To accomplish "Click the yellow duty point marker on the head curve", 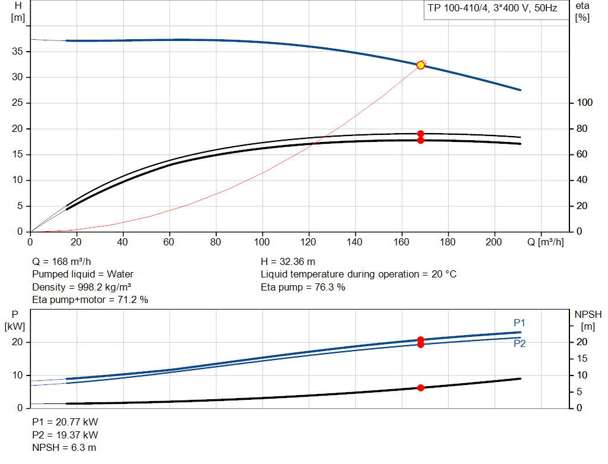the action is click(x=420, y=65).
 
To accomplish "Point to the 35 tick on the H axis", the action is click(x=17, y=51).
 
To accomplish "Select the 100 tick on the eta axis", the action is click(x=585, y=102).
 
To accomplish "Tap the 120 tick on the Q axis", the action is click(x=308, y=242).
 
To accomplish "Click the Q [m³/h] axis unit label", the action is click(x=546, y=242).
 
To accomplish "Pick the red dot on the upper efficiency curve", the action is click(x=421, y=134).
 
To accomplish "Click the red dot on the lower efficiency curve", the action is click(x=421, y=140).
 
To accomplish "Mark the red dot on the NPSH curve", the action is click(x=421, y=387).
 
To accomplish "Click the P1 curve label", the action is click(x=519, y=323).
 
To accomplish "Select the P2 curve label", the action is click(x=520, y=343).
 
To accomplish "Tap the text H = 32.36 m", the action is click(x=288, y=262).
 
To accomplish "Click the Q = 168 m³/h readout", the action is click(x=62, y=262).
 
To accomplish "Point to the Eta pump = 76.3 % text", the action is click(x=303, y=287).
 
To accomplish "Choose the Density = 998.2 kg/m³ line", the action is click(x=82, y=287).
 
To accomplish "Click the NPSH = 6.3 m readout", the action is click(x=64, y=447).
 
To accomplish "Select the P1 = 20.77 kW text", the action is click(x=65, y=422).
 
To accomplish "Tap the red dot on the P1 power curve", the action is click(x=421, y=340).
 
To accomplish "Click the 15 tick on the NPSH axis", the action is click(x=582, y=358).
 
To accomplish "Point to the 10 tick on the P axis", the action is click(x=17, y=375).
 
